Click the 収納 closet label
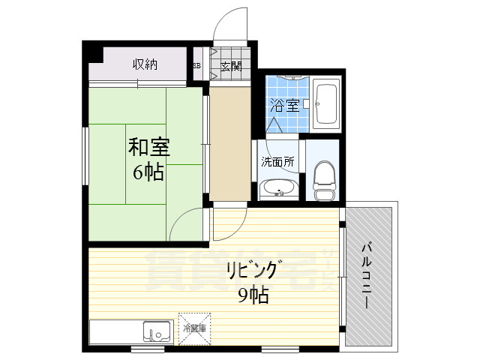tap(145, 64)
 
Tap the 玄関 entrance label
tap(230, 65)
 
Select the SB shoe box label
tap(196, 65)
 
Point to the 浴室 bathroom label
tap(285, 105)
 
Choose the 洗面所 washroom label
tap(277, 161)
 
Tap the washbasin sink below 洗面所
tap(279, 188)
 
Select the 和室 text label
tap(148, 146)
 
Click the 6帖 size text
tap(148, 172)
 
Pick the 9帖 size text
tap(253, 295)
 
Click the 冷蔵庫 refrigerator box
tap(194, 328)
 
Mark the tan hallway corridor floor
tap(229, 142)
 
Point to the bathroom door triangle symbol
tap(274, 126)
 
